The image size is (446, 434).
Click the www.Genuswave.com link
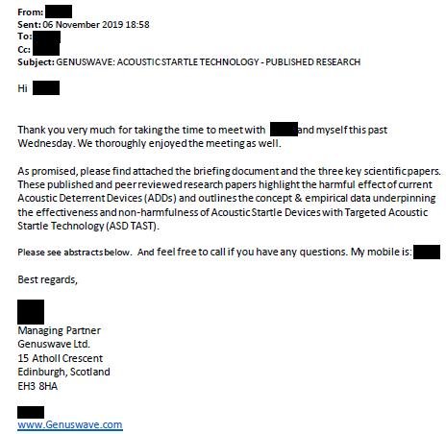[x=69, y=423]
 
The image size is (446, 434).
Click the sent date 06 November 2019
[x=86, y=23]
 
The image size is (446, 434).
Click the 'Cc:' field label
[x=26, y=49]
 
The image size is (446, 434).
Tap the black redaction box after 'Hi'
[x=46, y=88]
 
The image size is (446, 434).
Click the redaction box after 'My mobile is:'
[x=426, y=252]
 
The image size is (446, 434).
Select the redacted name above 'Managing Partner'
[x=31, y=311]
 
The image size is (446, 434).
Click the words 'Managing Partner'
[x=58, y=331]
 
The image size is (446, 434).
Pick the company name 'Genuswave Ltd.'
[x=55, y=345]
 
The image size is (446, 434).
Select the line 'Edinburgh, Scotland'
[x=64, y=372]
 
